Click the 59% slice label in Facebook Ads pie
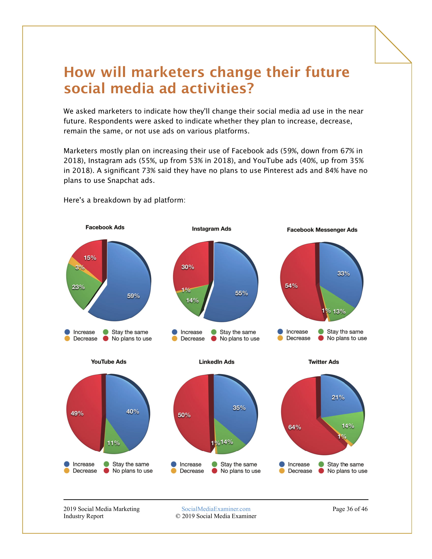coord(133,296)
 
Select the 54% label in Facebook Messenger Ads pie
coord(291,286)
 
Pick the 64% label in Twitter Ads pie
coord(295,427)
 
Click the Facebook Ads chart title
coord(105,227)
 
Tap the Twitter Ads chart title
coord(323,362)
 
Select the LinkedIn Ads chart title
coord(217,362)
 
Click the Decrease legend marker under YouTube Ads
coord(67,471)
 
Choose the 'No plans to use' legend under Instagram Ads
coord(239,339)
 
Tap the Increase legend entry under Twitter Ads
coord(298,464)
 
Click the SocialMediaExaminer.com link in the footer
coord(216,509)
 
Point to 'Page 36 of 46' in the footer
coord(350,509)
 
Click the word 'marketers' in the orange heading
coord(168,72)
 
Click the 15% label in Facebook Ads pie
coord(90,258)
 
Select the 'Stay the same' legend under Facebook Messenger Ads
coord(345,332)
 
